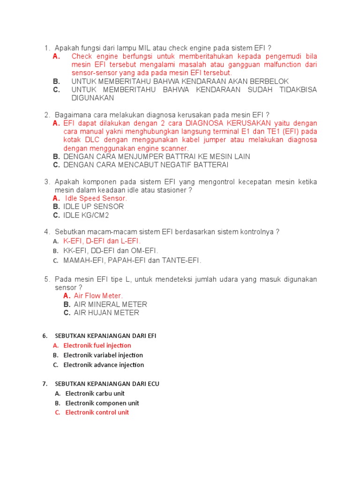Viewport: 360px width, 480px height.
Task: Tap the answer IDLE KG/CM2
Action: (x=86, y=215)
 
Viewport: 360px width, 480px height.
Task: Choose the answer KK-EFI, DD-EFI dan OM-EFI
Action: (x=111, y=251)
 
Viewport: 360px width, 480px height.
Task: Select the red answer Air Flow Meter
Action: (x=98, y=296)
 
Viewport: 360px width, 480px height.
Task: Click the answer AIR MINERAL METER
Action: (x=111, y=304)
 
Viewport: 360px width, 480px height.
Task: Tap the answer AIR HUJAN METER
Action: (x=106, y=313)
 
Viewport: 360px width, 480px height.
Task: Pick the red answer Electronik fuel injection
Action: (x=97, y=345)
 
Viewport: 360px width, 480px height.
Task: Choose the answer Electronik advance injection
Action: (x=104, y=365)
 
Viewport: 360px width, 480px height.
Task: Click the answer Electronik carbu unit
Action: (x=95, y=393)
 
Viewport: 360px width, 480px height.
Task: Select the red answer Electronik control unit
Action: (x=97, y=412)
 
